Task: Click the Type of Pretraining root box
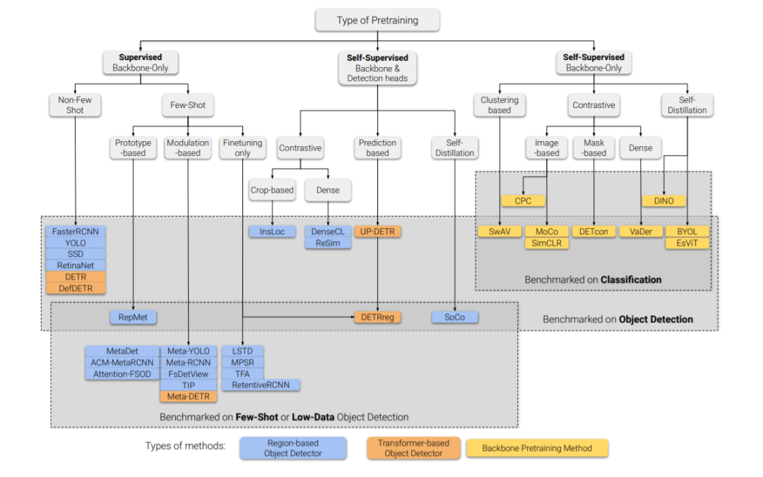(x=377, y=20)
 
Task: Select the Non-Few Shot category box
(x=75, y=105)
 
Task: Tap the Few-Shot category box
(x=188, y=105)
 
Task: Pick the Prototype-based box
(x=133, y=147)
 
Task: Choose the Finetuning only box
(x=242, y=147)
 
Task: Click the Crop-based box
(x=272, y=190)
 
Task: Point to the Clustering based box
(x=499, y=105)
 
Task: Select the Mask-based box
(x=593, y=147)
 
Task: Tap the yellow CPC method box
(x=523, y=201)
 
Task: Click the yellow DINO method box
(x=663, y=201)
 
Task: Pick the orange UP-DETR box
(x=377, y=231)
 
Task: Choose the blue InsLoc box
(x=272, y=231)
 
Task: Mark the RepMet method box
(x=133, y=317)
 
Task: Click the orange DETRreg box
(x=377, y=317)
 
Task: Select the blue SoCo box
(x=454, y=317)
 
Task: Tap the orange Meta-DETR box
(x=189, y=397)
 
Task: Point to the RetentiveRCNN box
(x=260, y=385)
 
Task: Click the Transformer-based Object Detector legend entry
(x=413, y=448)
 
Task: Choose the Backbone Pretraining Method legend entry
(x=537, y=448)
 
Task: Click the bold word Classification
(x=631, y=279)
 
